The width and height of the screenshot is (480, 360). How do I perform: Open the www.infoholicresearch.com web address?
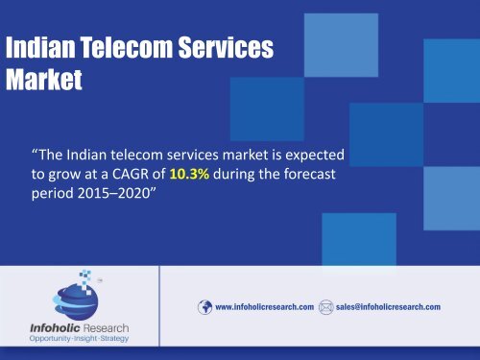[x=265, y=306]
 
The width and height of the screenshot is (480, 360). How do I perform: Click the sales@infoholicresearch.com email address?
[x=388, y=306]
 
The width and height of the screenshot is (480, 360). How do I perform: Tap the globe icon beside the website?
[x=204, y=306]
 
